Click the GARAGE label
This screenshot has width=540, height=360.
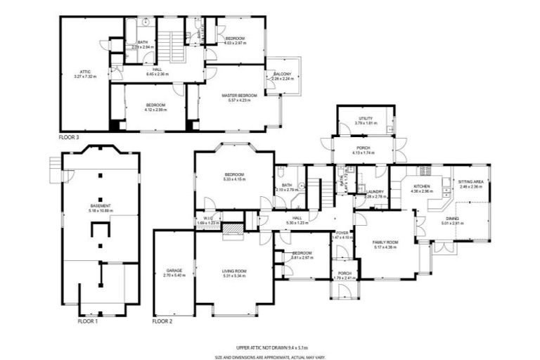pos(174,270)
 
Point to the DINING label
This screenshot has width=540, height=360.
pos(450,219)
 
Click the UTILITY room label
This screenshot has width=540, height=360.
pos(366,118)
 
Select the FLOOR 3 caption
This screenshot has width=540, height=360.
pos(69,136)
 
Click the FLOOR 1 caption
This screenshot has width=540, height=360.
pos(87,321)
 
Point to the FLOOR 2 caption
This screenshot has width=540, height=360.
pos(162,321)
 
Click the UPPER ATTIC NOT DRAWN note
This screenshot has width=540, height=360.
pos(271,347)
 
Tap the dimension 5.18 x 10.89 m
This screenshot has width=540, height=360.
pos(101,211)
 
